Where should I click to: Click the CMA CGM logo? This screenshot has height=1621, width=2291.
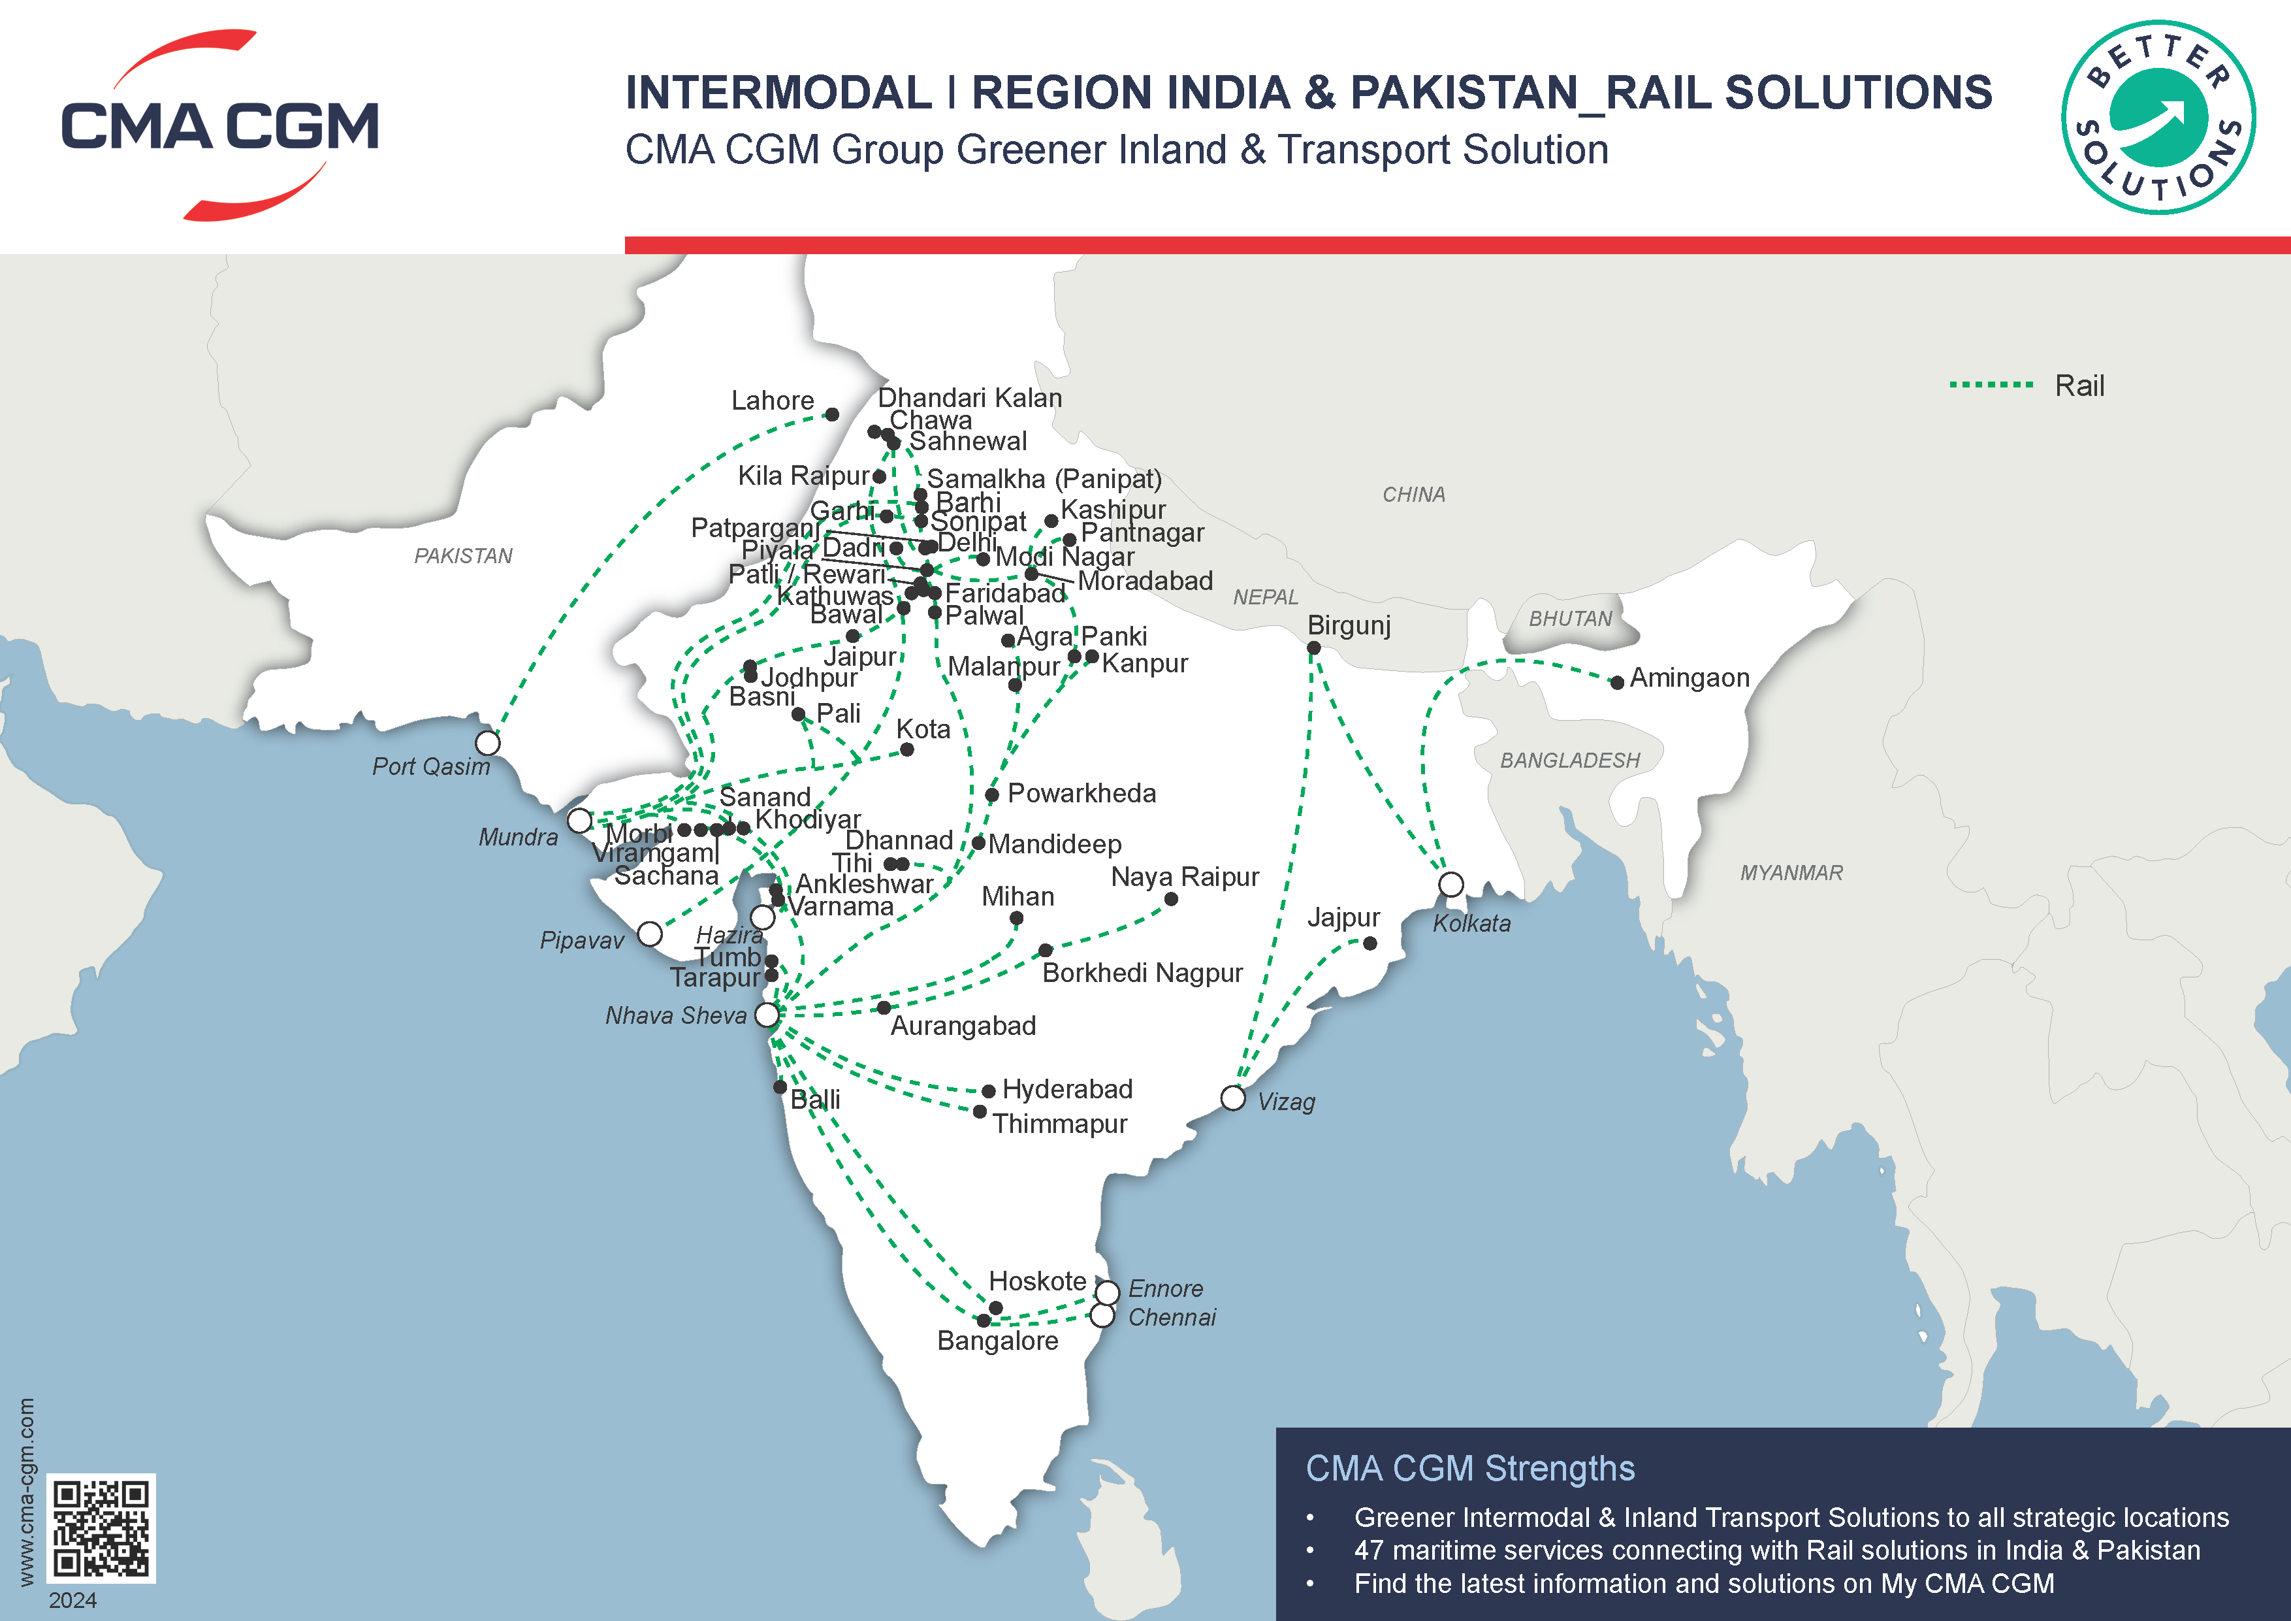click(x=219, y=125)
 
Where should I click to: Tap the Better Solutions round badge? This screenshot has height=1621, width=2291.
click(x=2157, y=117)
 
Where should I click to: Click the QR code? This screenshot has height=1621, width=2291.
click(x=101, y=1527)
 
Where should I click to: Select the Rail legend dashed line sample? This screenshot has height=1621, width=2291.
click(x=1991, y=384)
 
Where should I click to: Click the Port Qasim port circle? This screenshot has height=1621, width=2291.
click(x=487, y=743)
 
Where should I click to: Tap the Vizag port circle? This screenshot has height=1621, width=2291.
click(x=1233, y=1098)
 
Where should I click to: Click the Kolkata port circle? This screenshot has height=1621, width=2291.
click(x=1451, y=885)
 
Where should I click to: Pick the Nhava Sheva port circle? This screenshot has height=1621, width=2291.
click(x=766, y=1014)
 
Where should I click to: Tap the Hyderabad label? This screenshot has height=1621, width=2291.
click(x=1066, y=1089)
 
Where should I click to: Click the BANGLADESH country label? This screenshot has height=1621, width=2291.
click(x=1569, y=761)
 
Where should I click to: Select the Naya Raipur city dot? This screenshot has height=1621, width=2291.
click(x=1172, y=899)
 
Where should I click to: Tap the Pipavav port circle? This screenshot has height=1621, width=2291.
click(x=650, y=934)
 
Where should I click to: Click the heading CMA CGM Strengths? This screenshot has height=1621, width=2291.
click(x=1470, y=1468)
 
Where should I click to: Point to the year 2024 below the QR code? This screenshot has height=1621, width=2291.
click(x=73, y=1600)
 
